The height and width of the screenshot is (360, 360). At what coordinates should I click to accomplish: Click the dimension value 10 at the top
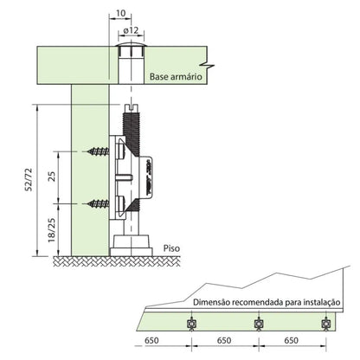pos(120,13)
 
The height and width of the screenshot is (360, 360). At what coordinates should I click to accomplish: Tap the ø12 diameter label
pos(131,30)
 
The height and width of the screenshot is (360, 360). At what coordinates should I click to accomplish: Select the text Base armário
pos(176,77)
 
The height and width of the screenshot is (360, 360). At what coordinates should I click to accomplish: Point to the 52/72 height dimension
pos(29,179)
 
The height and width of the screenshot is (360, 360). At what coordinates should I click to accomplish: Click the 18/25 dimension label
pos(52,229)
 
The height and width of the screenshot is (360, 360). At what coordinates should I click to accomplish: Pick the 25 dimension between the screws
pos(52,176)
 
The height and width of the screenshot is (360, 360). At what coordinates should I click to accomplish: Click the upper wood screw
pos(99,151)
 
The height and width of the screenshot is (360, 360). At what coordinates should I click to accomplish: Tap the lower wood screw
pos(99,203)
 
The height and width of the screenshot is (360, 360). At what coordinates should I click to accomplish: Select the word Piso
pos(171,248)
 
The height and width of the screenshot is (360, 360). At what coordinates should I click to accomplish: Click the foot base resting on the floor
pos(132,246)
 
